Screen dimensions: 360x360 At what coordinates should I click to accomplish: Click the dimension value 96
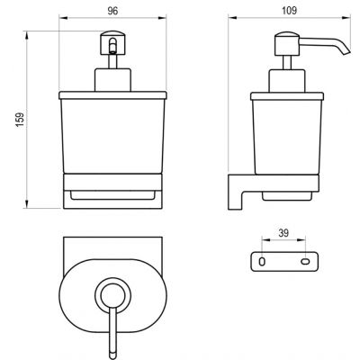point(112,11)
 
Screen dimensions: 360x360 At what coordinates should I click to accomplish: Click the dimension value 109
point(290,11)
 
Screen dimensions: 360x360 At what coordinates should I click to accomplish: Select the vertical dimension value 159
point(20,120)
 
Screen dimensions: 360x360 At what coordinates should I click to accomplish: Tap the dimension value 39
point(283,233)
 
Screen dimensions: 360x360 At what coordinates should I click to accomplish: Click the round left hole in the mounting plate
point(262,262)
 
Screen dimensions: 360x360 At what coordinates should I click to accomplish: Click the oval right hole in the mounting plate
point(304,262)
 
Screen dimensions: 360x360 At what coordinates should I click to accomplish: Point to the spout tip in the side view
point(346,52)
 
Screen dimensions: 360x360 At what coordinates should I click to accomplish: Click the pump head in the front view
point(112,42)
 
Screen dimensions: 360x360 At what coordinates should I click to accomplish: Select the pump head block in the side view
point(287,43)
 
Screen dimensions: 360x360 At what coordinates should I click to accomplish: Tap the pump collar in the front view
point(112,80)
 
